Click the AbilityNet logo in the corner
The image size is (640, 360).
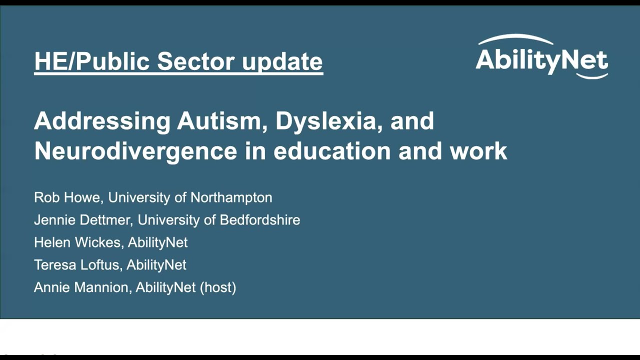[541, 57]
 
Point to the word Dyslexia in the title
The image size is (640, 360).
[325, 121]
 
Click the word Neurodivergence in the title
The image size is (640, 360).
[135, 151]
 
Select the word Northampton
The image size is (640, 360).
[231, 197]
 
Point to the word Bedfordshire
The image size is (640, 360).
[260, 220]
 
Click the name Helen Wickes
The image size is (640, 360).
[77, 242]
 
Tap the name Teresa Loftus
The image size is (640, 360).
[76, 265]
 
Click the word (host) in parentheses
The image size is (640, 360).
[217, 287]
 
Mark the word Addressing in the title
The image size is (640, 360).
[102, 121]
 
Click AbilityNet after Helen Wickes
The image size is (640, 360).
[157, 242]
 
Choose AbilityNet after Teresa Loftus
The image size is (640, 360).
[156, 265]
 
